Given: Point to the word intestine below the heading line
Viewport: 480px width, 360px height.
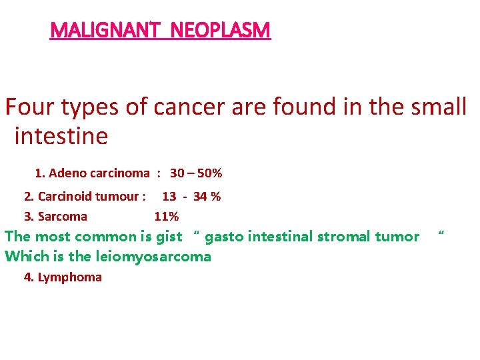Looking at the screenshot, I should pyautogui.click(x=61, y=137).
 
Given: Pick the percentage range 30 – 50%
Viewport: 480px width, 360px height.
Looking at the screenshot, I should pyautogui.click(x=196, y=173).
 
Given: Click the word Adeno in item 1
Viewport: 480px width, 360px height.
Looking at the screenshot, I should pyautogui.click(x=67, y=173).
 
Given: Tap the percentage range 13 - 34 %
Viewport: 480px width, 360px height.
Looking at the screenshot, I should pyautogui.click(x=191, y=197).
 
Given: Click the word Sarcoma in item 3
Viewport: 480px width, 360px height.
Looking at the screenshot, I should pyautogui.click(x=63, y=217).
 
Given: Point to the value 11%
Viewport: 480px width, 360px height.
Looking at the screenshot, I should pyautogui.click(x=166, y=217).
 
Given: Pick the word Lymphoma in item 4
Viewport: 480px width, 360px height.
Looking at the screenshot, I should pyautogui.click(x=70, y=277).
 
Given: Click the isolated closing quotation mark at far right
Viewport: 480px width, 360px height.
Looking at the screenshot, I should pyautogui.click(x=440, y=234).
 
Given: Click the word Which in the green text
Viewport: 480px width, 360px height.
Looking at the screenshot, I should pyautogui.click(x=24, y=257).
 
